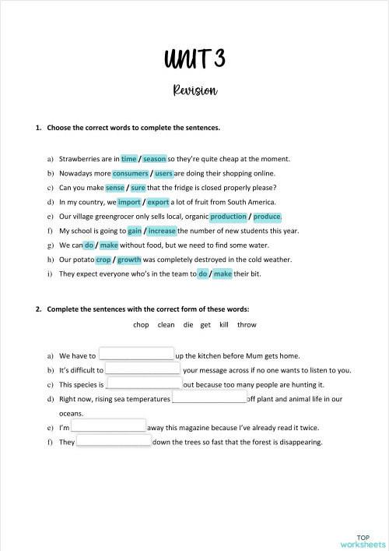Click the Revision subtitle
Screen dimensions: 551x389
click(194, 90)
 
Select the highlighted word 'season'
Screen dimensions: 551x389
click(155, 158)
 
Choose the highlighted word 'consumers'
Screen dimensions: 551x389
click(130, 173)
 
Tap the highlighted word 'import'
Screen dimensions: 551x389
click(129, 202)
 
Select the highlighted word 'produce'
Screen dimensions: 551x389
click(267, 217)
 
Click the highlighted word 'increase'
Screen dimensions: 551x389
click(162, 231)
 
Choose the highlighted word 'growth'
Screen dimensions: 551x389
click(129, 260)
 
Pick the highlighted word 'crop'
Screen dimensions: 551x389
click(103, 260)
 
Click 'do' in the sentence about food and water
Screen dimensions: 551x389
click(89, 245)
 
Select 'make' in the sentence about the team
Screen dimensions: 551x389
click(223, 274)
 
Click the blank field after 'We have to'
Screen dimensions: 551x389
click(136, 355)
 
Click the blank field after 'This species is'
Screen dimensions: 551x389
click(144, 384)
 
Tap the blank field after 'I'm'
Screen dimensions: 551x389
click(109, 427)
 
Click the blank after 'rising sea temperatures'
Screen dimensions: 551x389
click(209, 398)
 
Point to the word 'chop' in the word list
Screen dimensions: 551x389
click(141, 325)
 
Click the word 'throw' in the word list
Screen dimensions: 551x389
click(247, 325)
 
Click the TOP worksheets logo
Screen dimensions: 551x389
click(363, 540)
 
